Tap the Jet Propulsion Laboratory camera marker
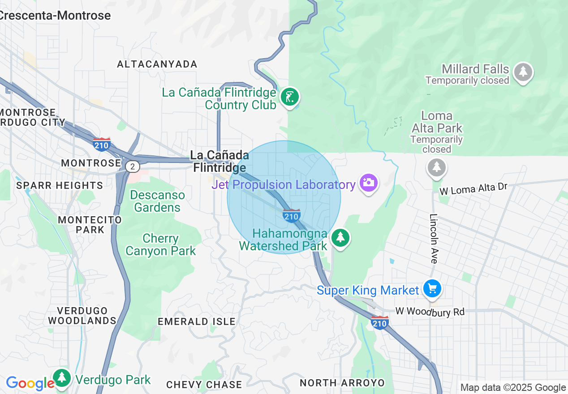point(368,183)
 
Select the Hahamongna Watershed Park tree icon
point(340,238)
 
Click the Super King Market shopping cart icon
point(432,288)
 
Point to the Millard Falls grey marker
point(523,72)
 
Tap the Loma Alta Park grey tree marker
point(437,167)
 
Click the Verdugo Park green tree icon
point(62,377)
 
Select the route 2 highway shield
point(132,167)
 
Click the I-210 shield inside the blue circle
point(291,215)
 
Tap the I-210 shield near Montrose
point(102,144)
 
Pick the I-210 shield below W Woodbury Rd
point(379,322)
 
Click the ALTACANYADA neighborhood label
point(157,64)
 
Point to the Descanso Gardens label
point(157,201)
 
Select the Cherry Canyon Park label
point(160,244)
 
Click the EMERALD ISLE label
point(196,321)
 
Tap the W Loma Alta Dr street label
point(473,188)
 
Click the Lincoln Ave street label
point(434,238)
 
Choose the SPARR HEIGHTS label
point(60,185)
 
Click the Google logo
point(30,383)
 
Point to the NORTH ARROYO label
point(342,383)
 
